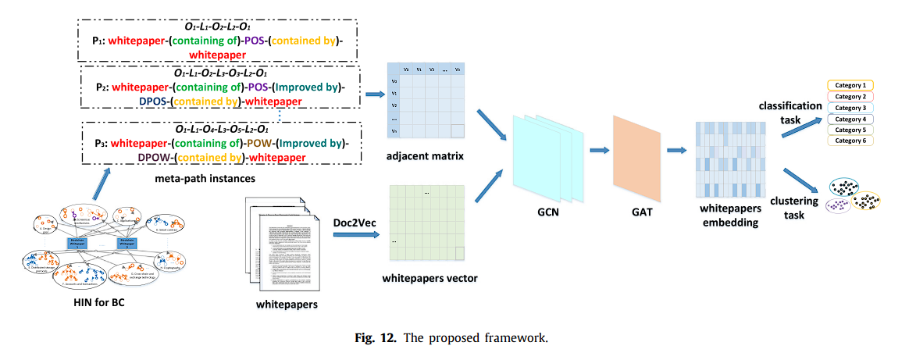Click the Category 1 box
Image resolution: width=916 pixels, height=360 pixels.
click(x=850, y=85)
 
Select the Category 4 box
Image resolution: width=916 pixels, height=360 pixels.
click(x=850, y=119)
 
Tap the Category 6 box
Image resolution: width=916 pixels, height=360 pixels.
click(x=850, y=141)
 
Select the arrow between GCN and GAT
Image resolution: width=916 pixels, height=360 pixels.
click(x=599, y=151)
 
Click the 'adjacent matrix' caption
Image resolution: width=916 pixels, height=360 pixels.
click(x=426, y=157)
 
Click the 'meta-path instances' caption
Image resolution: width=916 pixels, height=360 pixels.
click(x=196, y=179)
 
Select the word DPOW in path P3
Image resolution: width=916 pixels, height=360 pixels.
click(x=153, y=157)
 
